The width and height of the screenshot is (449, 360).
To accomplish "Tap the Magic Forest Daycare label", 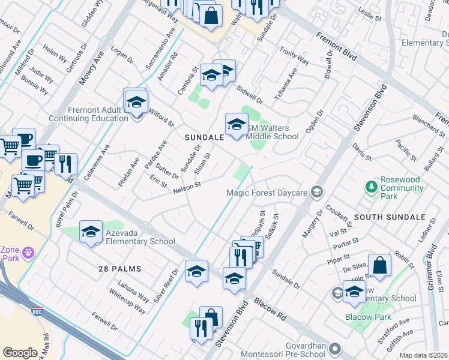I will [x=267, y=193].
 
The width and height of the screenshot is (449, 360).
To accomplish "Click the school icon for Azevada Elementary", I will [x=91, y=231].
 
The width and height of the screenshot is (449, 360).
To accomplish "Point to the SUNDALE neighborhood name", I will [x=204, y=137].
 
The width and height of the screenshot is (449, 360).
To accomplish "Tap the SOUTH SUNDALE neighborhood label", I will [x=385, y=216].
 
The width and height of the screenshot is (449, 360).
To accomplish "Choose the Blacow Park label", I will [x=368, y=317].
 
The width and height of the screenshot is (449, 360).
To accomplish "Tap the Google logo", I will [x=20, y=353].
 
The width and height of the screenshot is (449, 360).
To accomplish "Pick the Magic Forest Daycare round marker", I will [x=318, y=193].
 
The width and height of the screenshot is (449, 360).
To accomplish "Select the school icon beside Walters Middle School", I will [x=237, y=124].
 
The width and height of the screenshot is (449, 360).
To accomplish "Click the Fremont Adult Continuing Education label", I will [x=98, y=114].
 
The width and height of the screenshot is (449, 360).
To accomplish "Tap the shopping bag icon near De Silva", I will [x=379, y=265].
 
